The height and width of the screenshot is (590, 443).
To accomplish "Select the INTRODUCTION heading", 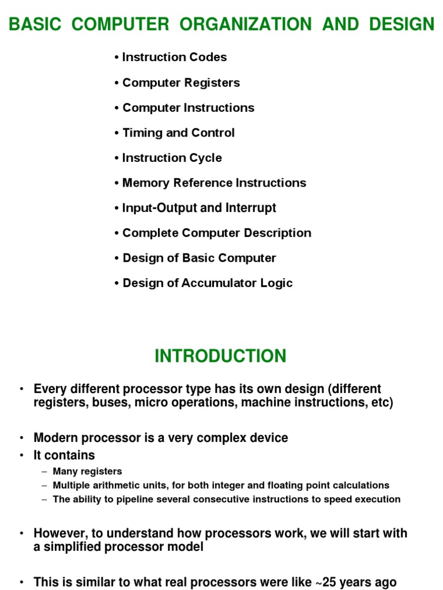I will click(220, 356).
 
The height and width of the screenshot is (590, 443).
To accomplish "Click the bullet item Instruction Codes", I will click(174, 57).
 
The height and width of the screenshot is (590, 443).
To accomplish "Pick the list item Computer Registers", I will click(181, 82).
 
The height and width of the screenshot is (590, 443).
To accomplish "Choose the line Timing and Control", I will click(178, 133).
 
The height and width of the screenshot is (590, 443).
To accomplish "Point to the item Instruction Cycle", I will click(172, 158).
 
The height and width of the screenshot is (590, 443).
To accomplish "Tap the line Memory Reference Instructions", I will click(214, 183).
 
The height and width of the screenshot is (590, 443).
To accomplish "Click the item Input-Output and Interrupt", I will click(199, 208).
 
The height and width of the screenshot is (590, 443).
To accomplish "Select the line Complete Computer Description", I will click(217, 233).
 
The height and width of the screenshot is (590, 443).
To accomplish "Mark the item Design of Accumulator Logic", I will click(208, 283).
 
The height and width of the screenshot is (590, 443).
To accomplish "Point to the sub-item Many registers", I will click(87, 471).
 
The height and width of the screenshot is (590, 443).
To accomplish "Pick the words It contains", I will click(64, 455).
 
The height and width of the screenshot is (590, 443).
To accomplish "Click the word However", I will click(58, 533).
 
